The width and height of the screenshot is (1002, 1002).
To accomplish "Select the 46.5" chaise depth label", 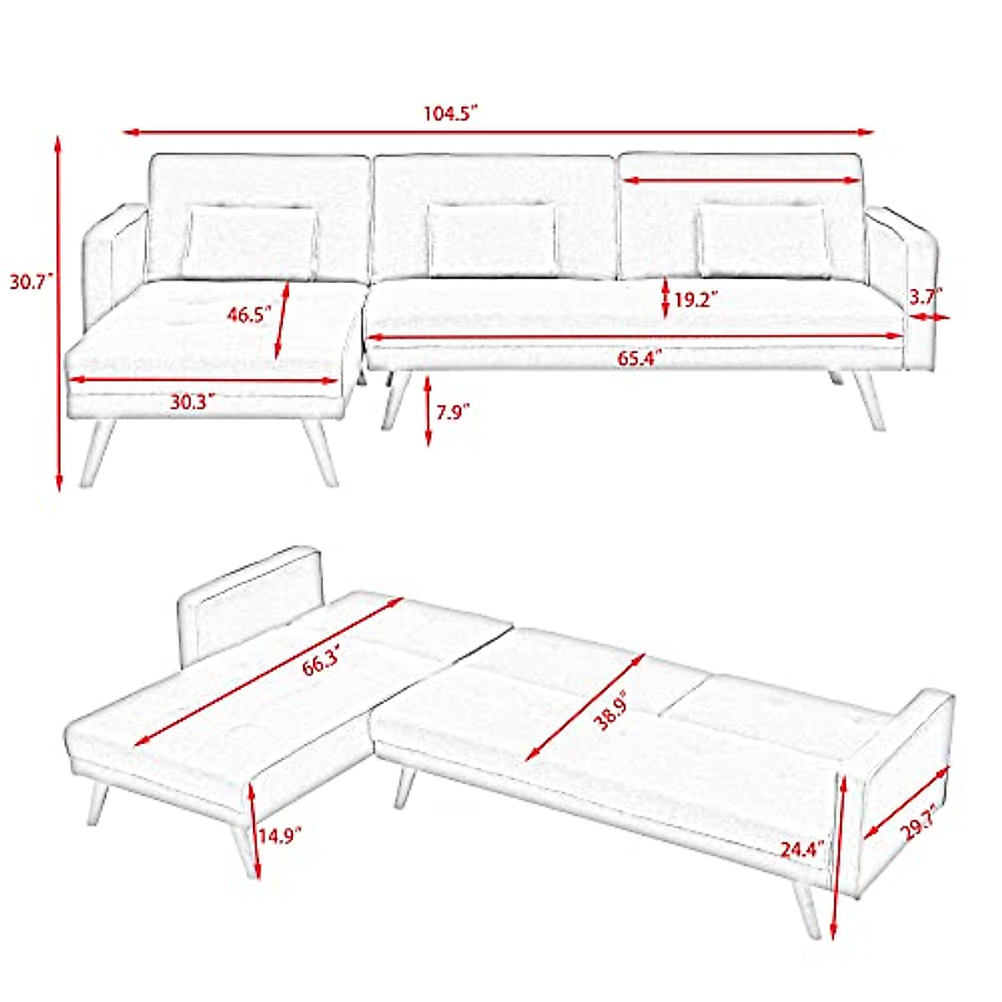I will pyautogui.click(x=250, y=315).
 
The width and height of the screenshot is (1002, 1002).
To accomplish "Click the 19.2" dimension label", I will pyautogui.click(x=696, y=300).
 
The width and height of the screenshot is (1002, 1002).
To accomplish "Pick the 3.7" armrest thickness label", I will pyautogui.click(x=925, y=295).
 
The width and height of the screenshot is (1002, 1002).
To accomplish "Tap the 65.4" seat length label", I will pyautogui.click(x=640, y=360).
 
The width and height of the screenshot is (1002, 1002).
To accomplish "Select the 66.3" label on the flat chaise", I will pyautogui.click(x=321, y=664).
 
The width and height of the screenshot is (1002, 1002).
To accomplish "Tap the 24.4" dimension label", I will pyautogui.click(x=802, y=849).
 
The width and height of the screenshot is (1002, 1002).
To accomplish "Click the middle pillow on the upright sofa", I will pyautogui.click(x=493, y=240).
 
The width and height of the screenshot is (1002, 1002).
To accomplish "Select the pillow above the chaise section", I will pyautogui.click(x=250, y=242).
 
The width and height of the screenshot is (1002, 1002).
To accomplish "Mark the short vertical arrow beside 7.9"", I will pyautogui.click(x=428, y=411).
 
